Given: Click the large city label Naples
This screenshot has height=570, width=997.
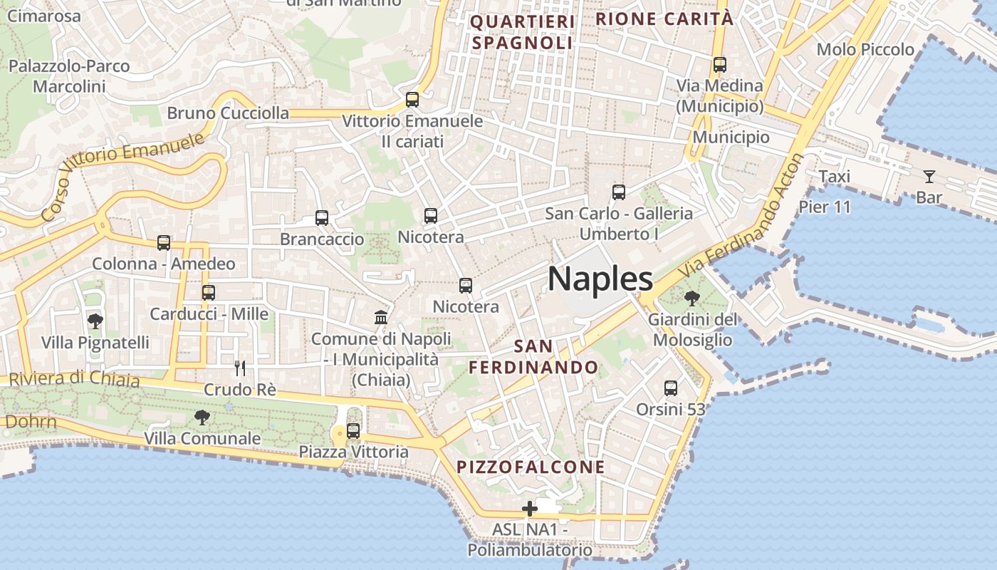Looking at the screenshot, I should tap(600, 279).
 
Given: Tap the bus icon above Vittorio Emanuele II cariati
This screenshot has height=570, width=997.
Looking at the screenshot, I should tap(412, 99).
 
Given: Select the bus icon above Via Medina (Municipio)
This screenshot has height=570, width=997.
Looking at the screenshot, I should tap(719, 65).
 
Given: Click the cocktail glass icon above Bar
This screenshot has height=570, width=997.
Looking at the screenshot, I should tap(929, 176).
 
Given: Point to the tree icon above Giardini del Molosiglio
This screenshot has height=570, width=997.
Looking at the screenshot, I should tap(691, 299).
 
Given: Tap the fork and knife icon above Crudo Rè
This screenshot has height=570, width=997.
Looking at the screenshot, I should tap(240, 368).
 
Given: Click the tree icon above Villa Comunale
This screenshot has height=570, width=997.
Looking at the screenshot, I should tap(202, 417).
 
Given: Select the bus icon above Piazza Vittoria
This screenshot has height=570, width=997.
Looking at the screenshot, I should tap(353, 430).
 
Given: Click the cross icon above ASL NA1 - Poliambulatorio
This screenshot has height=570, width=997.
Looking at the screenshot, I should tap(529, 509).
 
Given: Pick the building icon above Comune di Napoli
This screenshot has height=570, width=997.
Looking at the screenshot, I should tap(381, 317).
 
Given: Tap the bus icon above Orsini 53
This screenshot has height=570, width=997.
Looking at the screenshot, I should tap(671, 388).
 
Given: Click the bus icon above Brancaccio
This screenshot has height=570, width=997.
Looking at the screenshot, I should tap(322, 218).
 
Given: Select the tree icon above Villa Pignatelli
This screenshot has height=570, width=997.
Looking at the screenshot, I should tap(95, 321).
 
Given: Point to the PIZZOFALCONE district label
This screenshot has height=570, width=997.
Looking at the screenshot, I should tap(531, 467).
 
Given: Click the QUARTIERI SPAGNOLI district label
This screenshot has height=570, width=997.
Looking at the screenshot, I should tap(522, 32).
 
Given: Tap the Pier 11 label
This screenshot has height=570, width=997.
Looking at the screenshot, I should tap(825, 207).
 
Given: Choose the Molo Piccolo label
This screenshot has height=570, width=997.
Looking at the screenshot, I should tap(865, 50).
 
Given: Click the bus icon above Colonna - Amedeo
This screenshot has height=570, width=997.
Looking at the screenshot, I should tap(164, 243).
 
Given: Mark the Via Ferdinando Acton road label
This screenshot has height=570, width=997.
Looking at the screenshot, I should tap(744, 217).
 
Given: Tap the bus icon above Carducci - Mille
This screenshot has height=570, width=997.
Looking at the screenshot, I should tap(209, 293).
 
